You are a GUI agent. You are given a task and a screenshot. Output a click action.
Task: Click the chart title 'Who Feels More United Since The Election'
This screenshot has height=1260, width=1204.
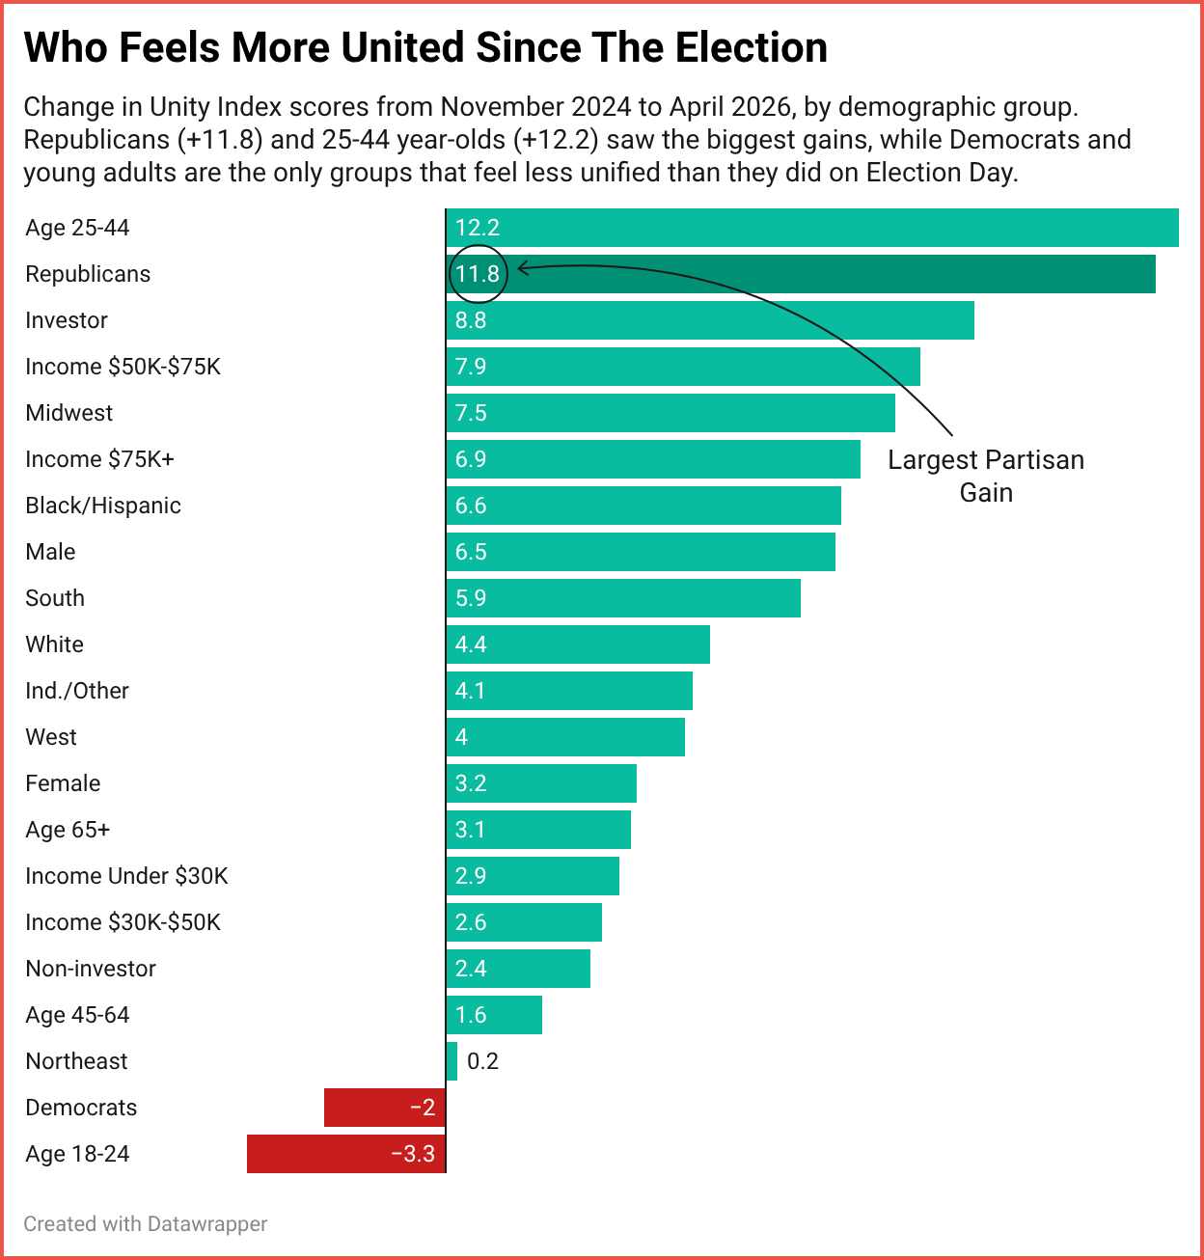point(425,47)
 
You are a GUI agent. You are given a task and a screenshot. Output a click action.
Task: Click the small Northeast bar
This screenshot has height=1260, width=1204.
point(451,1061)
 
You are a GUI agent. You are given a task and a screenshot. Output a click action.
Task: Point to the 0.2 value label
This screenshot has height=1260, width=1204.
point(482,1061)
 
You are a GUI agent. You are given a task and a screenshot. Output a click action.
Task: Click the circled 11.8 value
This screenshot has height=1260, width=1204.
point(478,274)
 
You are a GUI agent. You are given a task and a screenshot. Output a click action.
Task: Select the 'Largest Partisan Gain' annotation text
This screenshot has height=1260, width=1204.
point(986,476)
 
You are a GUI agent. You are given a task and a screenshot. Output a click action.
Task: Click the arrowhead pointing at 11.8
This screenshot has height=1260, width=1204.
point(521,268)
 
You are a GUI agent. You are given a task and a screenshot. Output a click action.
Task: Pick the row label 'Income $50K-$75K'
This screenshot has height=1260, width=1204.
point(123,367)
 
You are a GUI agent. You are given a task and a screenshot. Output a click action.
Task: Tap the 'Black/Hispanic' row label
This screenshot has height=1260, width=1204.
point(103,506)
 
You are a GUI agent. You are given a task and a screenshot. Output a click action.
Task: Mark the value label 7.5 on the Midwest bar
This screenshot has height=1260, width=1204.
point(471,413)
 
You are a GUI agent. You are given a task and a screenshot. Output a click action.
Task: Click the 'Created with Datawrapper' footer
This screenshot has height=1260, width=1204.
point(145,1223)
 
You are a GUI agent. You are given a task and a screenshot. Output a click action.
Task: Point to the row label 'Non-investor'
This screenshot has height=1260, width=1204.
point(91,969)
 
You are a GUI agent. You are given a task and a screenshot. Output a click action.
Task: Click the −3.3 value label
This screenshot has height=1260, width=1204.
point(413,1154)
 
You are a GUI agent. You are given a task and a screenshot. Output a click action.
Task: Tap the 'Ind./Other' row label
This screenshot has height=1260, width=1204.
point(77,691)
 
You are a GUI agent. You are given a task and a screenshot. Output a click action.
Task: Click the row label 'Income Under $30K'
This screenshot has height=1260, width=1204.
point(126,876)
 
